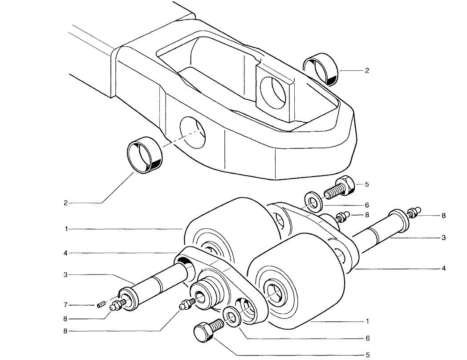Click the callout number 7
(x=66, y=305)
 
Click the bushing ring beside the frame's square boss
(x=321, y=69)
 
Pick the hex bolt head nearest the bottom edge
(x=203, y=333)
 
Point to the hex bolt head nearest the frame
(x=345, y=186)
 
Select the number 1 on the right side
(x=367, y=321)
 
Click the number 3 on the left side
(x=65, y=275)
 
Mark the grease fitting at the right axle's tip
(x=413, y=213)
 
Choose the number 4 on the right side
(x=443, y=269)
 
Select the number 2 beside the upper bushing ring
(x=367, y=71)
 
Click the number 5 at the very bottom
(x=368, y=355)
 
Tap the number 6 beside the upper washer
(x=367, y=205)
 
